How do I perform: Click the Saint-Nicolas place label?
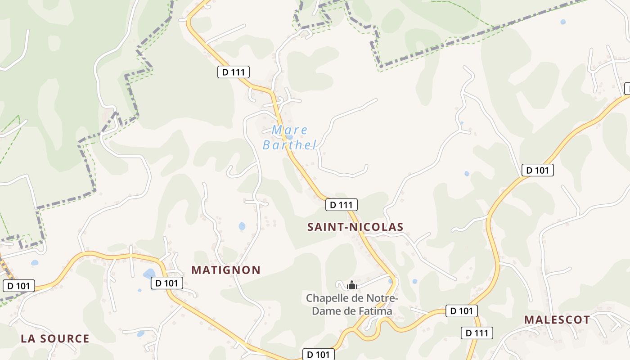point(355,227)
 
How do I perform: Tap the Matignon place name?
point(226,270)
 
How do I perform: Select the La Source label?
point(55,339)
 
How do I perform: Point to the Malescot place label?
point(557,320)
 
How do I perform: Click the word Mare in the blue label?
point(290,130)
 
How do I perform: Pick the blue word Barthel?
point(290,145)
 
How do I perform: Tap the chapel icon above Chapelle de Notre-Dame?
point(351,285)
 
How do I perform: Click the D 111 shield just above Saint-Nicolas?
point(341,205)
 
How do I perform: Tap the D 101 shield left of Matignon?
point(166,283)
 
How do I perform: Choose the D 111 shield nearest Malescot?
point(477,333)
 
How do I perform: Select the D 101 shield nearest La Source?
point(19,286)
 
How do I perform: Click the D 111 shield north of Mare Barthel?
point(233,72)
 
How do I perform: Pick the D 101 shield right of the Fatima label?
point(461,310)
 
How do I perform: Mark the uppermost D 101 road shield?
point(537,170)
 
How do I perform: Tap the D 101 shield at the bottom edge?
point(318,355)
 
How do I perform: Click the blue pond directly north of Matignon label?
point(242,226)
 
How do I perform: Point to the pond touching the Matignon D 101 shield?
point(149,274)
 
